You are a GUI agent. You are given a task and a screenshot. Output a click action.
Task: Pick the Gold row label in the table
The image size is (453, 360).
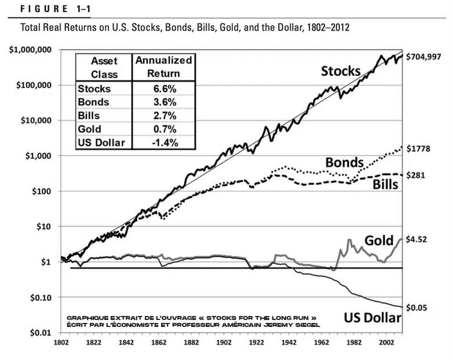[x=89, y=129]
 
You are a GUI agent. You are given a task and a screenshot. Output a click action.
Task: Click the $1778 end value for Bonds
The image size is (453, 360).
[x=421, y=149]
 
